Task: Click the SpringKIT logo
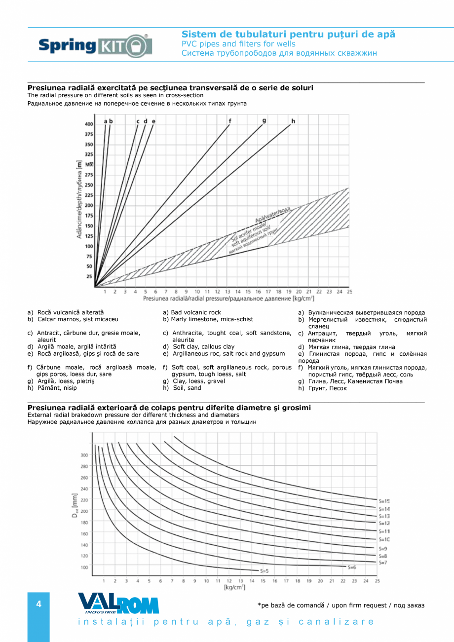click(95, 45)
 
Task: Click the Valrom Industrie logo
click(118, 603)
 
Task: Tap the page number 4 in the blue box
click(38, 604)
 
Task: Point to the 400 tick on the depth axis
click(89, 124)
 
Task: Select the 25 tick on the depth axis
click(90, 276)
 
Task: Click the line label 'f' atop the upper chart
click(229, 121)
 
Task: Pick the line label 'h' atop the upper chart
click(293, 121)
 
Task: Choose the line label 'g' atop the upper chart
click(264, 121)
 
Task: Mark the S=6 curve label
click(351, 567)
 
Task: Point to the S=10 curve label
click(384, 540)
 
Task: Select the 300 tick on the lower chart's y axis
click(84, 455)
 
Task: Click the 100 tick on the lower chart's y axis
click(84, 567)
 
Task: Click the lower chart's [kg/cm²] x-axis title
click(234, 587)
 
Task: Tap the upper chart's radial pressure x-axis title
click(228, 299)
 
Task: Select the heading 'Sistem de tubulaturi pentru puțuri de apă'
click(288, 35)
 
